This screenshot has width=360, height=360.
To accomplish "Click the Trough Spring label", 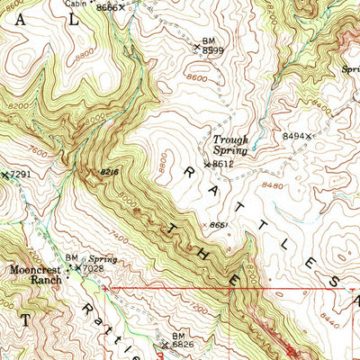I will tap(230, 145).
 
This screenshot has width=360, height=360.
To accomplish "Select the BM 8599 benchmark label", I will tap(211, 46).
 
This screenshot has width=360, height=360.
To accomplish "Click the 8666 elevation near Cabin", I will tap(106, 7).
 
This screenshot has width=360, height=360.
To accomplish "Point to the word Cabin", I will tap(76, 3).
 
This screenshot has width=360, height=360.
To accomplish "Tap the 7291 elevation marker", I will tap(20, 174).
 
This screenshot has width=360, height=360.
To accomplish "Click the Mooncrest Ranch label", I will tap(36, 274).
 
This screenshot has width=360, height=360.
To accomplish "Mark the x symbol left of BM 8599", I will tap(197, 45).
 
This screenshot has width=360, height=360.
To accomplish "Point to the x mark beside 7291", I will tap(4, 174).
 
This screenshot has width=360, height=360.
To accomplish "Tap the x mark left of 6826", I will tap(165, 344).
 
